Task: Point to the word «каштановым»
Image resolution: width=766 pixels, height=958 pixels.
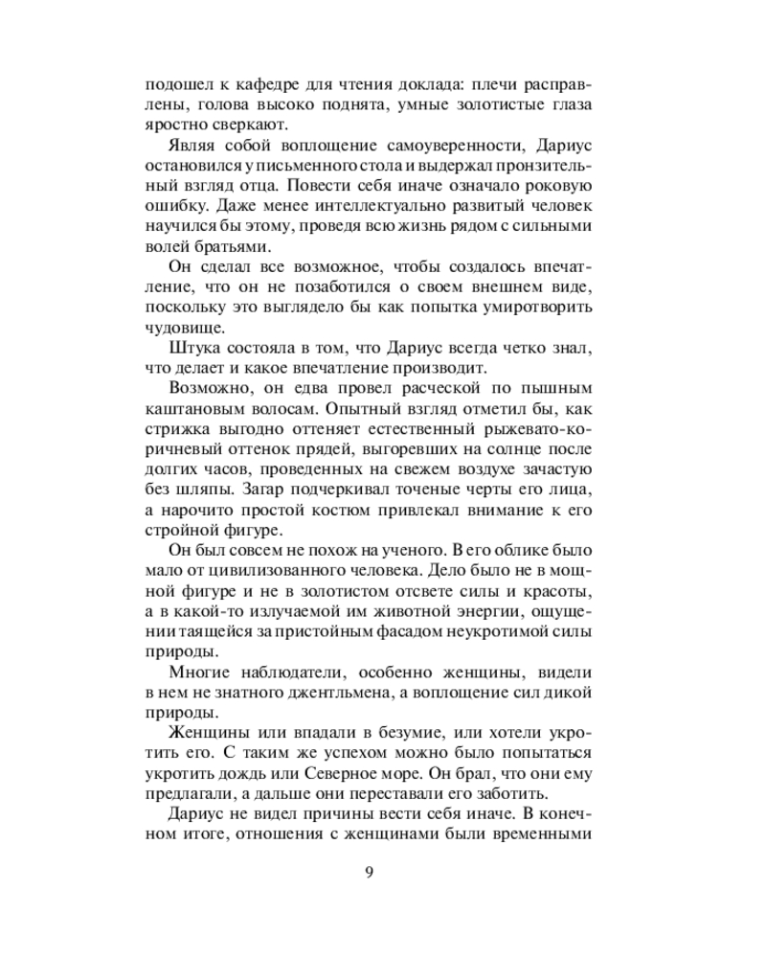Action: click(x=189, y=413)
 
